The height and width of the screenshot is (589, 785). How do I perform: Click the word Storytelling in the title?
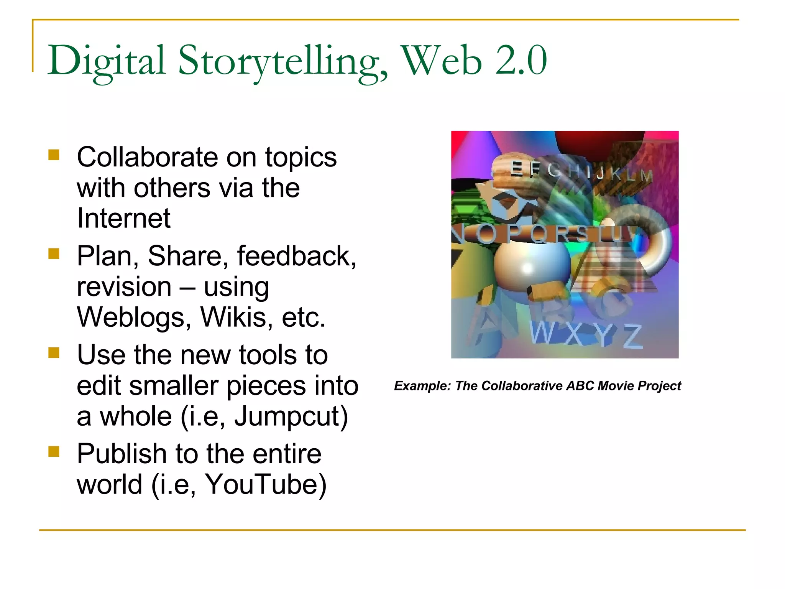click(283, 61)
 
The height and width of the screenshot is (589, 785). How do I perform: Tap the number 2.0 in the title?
click(521, 61)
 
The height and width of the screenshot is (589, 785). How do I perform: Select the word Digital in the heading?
click(107, 61)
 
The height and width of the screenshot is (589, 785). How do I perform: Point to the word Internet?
click(123, 218)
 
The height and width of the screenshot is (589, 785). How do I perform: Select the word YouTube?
click(266, 484)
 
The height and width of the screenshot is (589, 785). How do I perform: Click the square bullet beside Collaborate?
click(54, 155)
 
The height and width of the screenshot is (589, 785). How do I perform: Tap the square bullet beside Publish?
click(54, 451)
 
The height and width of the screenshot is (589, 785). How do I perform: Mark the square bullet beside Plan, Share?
click(54, 253)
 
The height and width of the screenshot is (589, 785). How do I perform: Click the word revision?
click(124, 287)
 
